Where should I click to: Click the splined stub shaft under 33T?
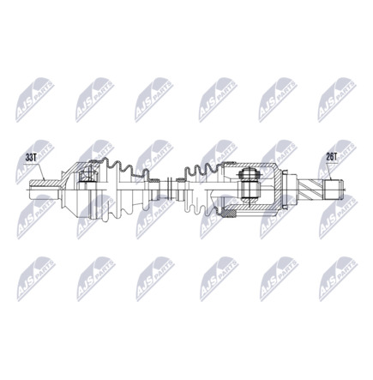pos(45,184)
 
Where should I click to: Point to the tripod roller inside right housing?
pos(250,181)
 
